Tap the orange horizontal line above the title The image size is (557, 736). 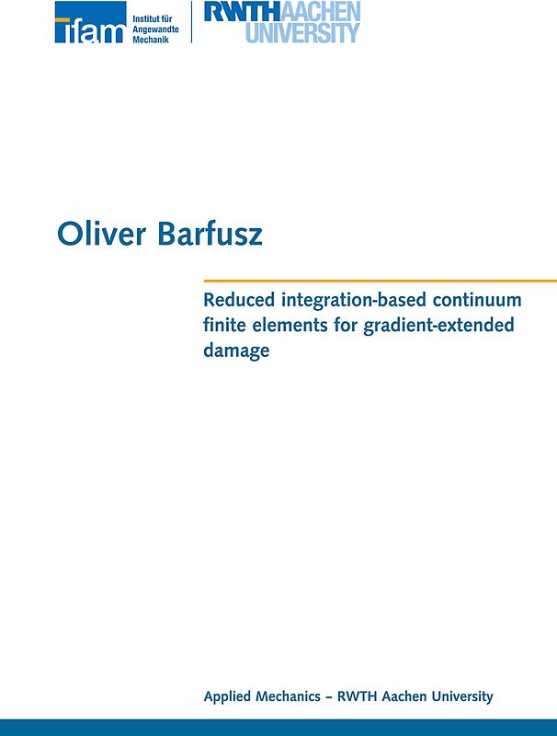pos(380,280)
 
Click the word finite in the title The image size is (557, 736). pos(223,325)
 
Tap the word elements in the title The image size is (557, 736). pos(286,325)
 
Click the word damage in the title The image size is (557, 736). pos(236,351)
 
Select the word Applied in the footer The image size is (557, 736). pos(228,697)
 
